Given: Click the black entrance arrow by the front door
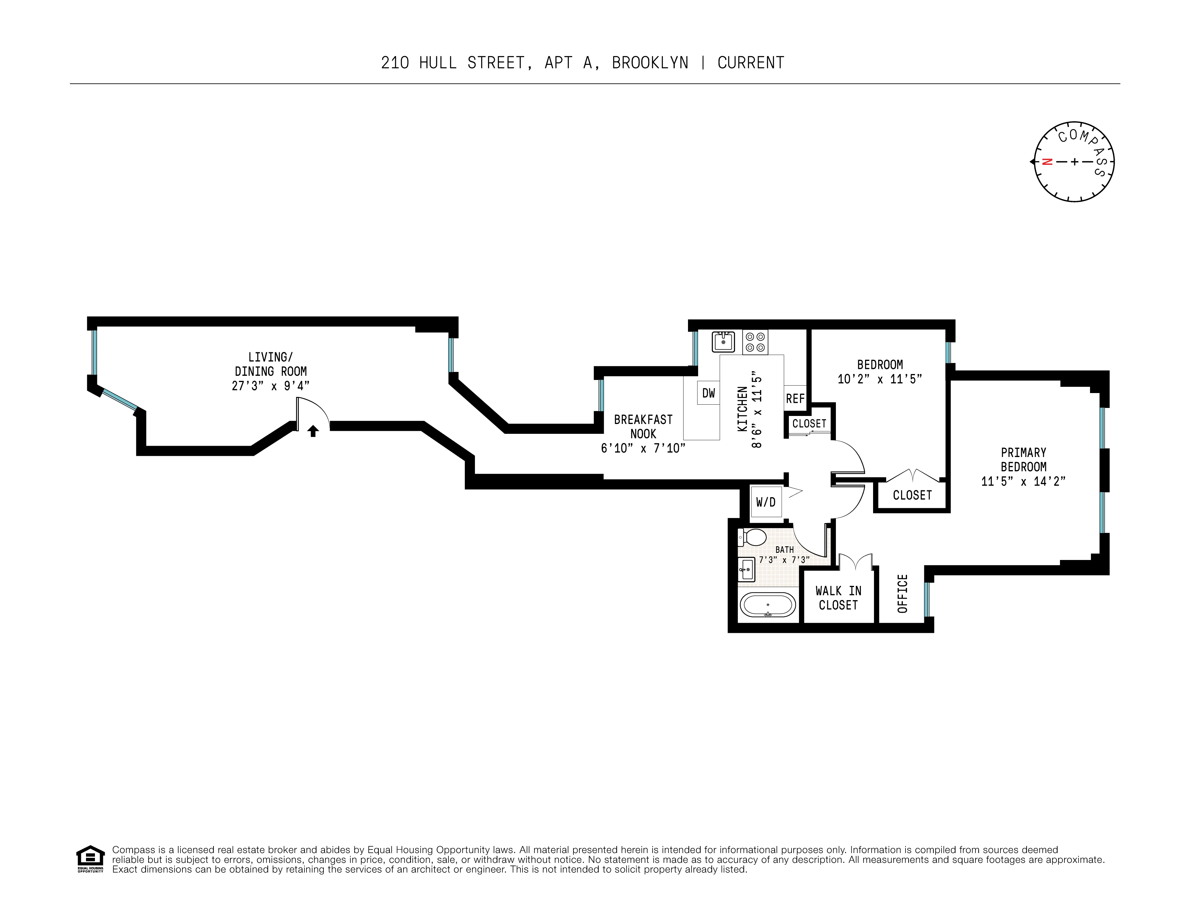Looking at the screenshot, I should pos(313,431).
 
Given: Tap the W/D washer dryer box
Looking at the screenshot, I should pos(766,502).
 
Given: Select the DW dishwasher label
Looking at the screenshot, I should pos(708,393).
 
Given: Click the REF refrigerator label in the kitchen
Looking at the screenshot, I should pos(795,399).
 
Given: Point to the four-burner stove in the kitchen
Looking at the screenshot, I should pos(755,342).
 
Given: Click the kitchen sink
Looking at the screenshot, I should pos(723,342).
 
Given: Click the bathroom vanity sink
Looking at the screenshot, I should pos(746,570).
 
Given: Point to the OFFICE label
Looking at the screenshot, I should pos(902,593).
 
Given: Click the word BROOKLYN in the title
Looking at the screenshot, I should pos(650,63).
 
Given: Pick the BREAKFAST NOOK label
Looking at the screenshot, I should pos(643,426).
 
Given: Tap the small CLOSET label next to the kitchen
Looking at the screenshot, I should pos(809,423).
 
